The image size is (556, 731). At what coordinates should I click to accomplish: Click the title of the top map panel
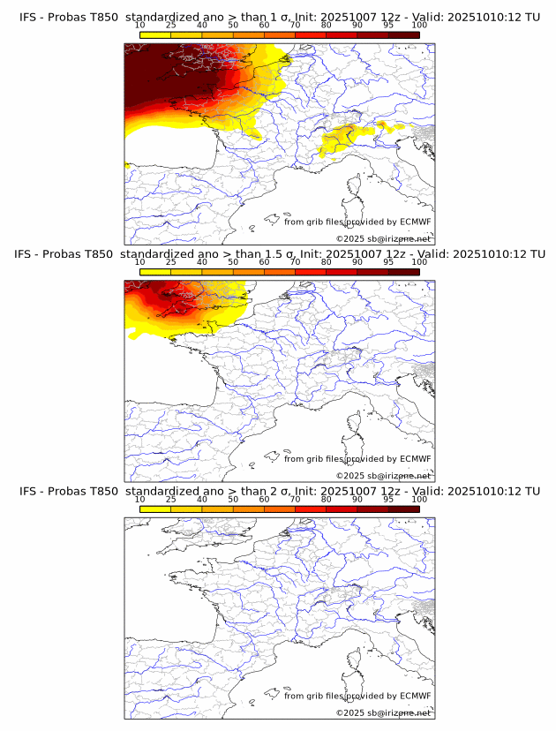click(279, 17)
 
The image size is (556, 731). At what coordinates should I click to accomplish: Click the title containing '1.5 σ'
click(279, 253)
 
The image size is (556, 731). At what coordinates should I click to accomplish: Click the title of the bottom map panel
click(279, 491)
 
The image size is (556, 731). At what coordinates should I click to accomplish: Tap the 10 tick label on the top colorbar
click(140, 25)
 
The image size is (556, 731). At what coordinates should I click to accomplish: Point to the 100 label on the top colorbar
click(418, 25)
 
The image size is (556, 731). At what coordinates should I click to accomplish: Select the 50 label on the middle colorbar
click(233, 262)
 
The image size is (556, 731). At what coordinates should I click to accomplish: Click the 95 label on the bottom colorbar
click(388, 499)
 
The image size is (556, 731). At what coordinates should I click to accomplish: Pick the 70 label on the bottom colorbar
click(295, 499)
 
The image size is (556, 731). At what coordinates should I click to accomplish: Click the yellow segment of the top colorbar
click(155, 34)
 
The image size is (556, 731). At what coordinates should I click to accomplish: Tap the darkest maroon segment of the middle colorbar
click(403, 272)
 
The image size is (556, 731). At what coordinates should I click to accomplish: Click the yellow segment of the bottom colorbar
click(155, 509)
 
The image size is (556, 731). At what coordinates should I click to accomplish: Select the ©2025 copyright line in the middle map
click(383, 476)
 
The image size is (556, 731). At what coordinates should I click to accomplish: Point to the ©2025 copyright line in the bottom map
click(383, 712)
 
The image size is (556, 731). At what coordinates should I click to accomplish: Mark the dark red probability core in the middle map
click(163, 293)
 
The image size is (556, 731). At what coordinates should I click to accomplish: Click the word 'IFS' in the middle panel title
click(26, 253)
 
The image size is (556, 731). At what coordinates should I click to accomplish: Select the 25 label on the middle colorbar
click(170, 262)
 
